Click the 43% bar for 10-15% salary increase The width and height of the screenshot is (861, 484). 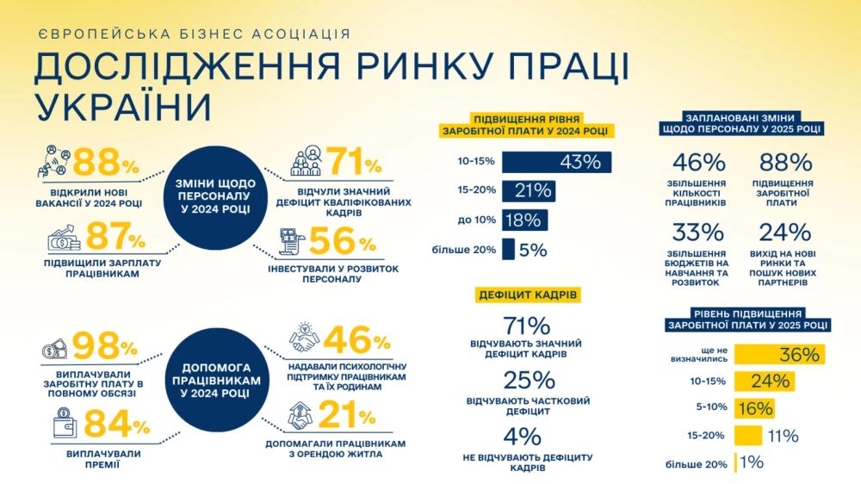[x=556, y=162]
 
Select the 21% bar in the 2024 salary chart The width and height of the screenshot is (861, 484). [x=528, y=190]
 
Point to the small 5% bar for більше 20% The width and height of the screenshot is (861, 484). [x=508, y=249]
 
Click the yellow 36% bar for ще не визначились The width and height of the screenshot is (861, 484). [x=779, y=355]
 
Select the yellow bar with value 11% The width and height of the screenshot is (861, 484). [x=748, y=435]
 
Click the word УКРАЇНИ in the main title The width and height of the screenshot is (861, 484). [x=124, y=106]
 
